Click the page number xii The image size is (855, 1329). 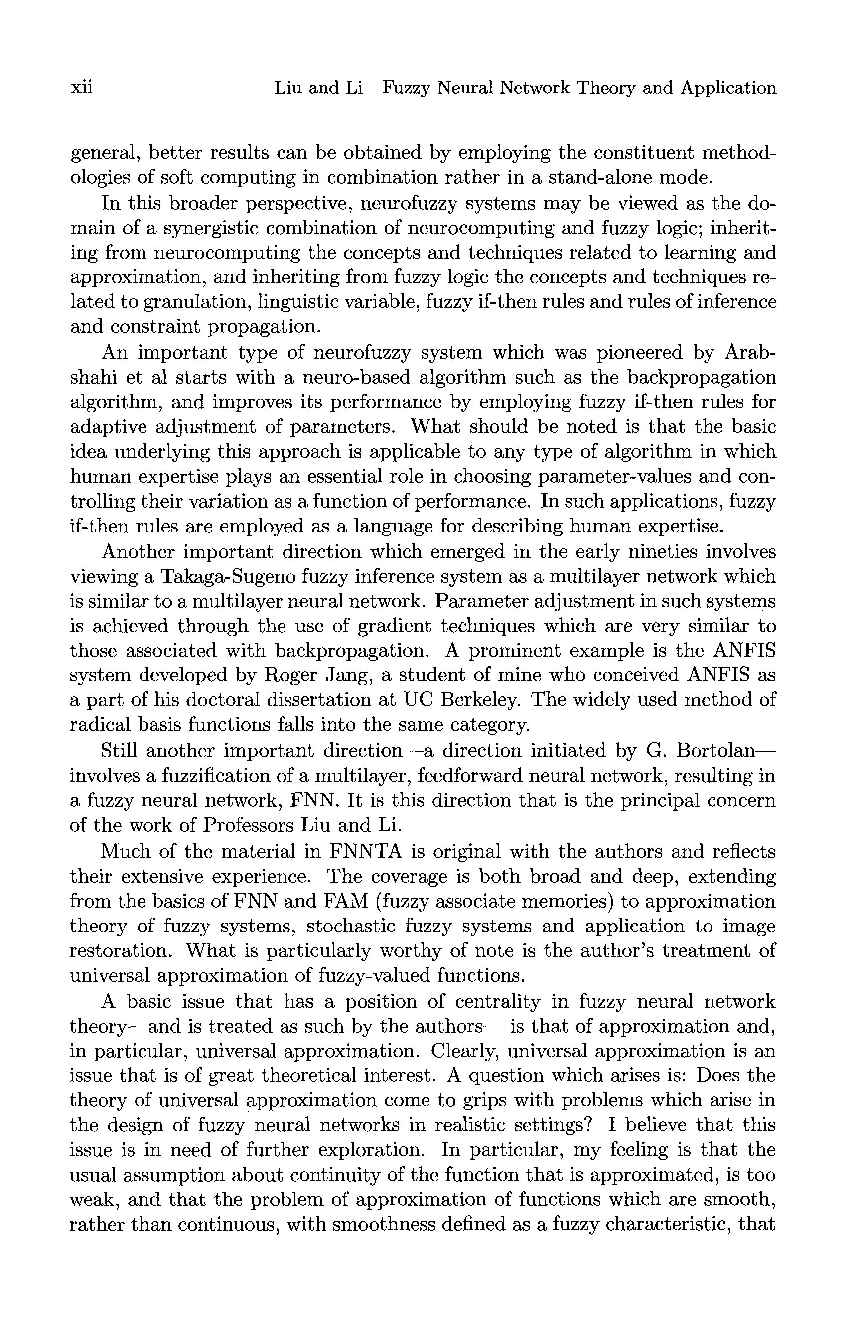coord(81,88)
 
